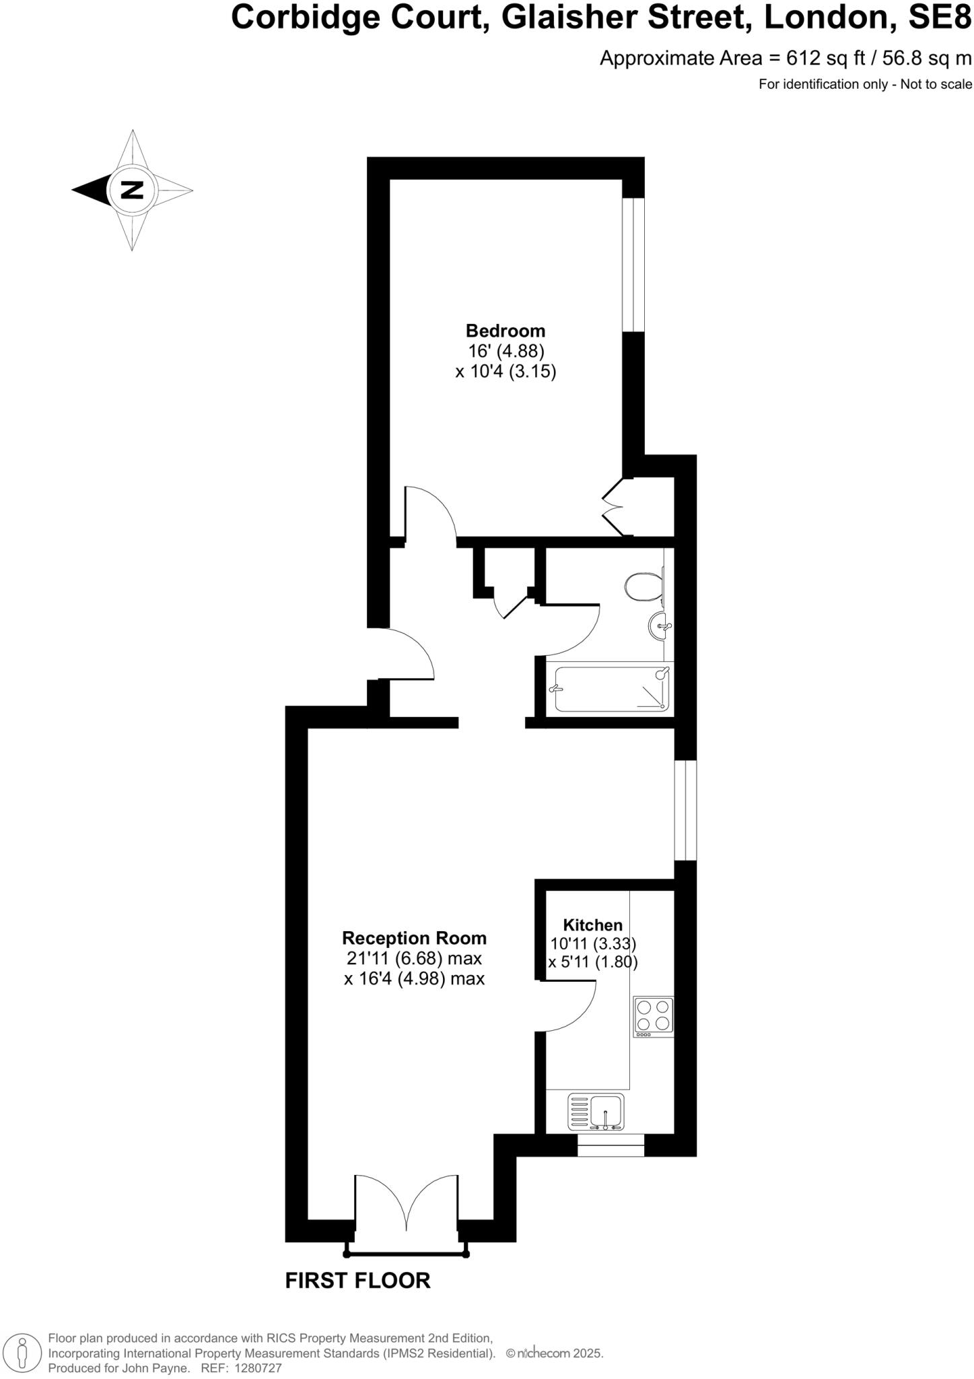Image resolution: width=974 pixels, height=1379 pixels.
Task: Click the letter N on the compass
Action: point(132,190)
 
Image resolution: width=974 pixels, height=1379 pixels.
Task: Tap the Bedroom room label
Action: point(506,331)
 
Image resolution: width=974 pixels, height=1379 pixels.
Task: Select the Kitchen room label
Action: point(592,924)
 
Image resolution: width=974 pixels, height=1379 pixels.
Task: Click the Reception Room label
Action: point(414,937)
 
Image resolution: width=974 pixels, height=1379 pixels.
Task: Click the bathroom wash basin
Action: point(660,627)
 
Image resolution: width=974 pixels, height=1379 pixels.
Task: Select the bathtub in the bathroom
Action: point(612,688)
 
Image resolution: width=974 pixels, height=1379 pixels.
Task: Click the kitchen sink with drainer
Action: point(596,1112)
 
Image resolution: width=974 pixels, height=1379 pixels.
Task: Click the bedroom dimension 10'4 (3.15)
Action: point(506,372)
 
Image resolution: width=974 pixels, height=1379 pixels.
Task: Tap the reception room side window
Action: point(685,810)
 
